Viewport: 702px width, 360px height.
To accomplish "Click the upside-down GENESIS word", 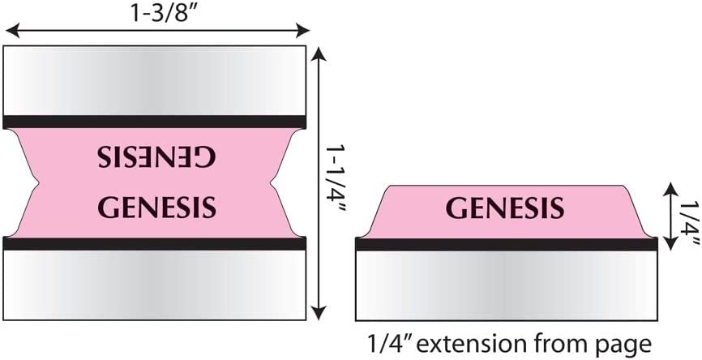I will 156,157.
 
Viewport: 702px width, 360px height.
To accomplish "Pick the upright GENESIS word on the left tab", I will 156,206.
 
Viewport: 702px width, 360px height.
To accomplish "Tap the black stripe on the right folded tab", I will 506,244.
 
